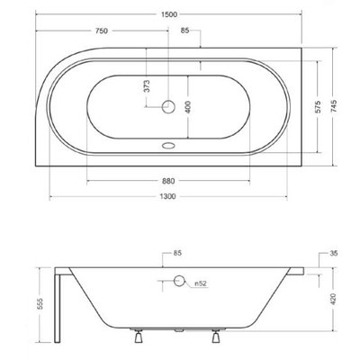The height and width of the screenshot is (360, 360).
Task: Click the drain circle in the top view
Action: [168, 107]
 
